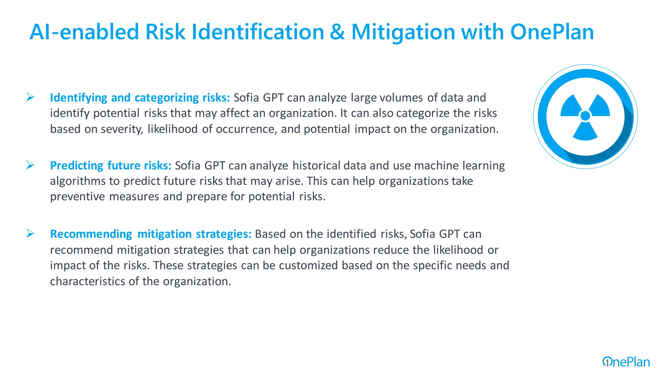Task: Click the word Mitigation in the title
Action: [403, 32]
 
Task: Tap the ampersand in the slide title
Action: [337, 32]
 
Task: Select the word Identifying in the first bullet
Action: [78, 98]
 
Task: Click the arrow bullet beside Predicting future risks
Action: [30, 165]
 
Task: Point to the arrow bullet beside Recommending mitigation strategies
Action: [30, 233]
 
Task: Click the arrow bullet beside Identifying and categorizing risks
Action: [30, 97]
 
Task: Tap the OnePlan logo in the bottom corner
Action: [626, 362]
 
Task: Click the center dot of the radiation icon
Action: [585, 116]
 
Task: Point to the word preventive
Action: [77, 197]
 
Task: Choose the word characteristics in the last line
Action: [87, 281]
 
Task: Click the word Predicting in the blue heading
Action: [76, 165]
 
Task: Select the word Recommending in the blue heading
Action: [91, 234]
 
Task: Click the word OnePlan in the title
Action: [552, 32]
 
